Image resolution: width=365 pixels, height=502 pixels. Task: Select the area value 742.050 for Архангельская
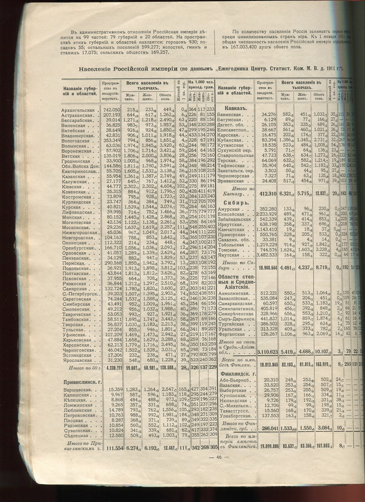[111, 110]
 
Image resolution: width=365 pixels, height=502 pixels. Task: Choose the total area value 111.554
[110, 464]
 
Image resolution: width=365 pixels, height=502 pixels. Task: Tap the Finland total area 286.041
[265, 444]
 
